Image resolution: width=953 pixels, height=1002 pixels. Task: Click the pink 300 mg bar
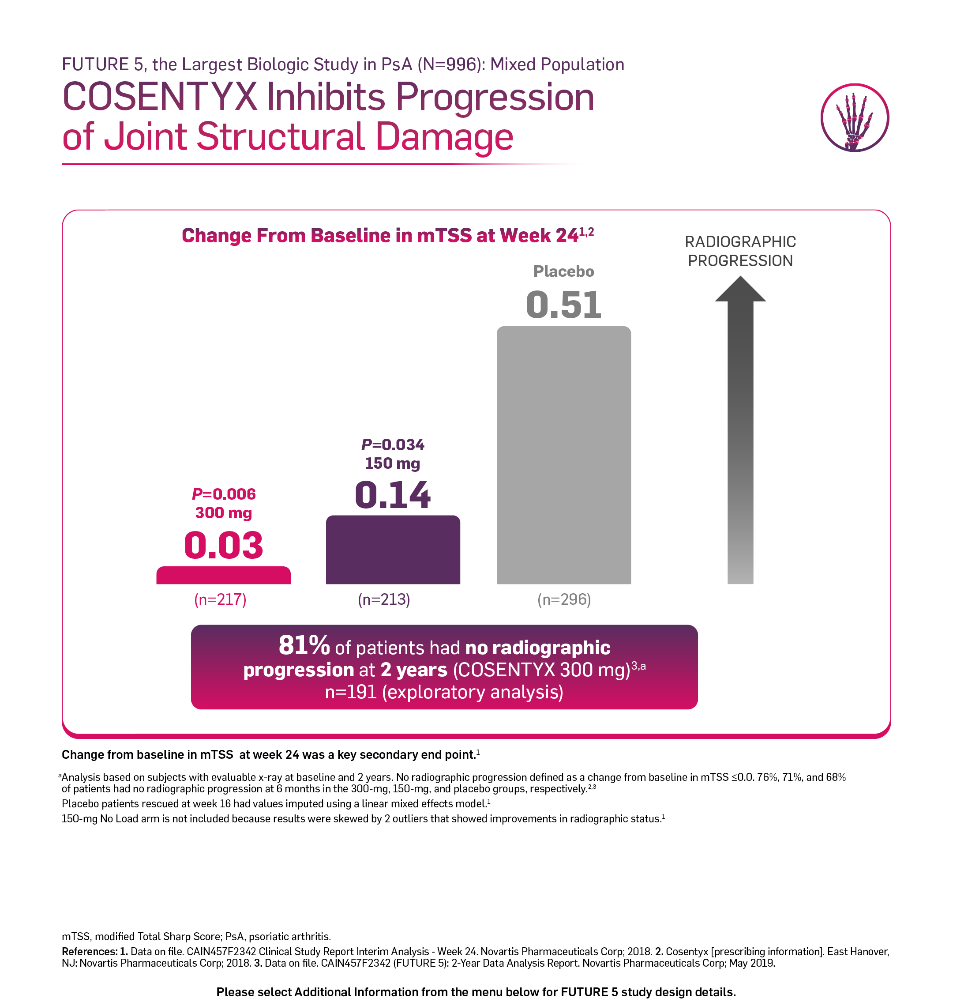pyautogui.click(x=224, y=575)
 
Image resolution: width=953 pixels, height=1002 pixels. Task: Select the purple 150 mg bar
pyautogui.click(x=393, y=550)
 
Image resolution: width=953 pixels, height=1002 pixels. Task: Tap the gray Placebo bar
pyautogui.click(x=564, y=455)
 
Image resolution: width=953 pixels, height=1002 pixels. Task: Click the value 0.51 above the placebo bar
pyautogui.click(x=564, y=305)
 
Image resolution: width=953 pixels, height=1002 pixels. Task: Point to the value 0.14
pyautogui.click(x=393, y=495)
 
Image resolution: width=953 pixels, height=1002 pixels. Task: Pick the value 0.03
pyautogui.click(x=224, y=545)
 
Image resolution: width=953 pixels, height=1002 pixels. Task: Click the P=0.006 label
pyautogui.click(x=224, y=494)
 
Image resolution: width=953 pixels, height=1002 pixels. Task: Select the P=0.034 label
pyautogui.click(x=393, y=444)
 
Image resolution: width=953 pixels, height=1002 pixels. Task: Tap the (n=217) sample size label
pyautogui.click(x=221, y=599)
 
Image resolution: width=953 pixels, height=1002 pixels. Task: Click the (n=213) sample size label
pyautogui.click(x=384, y=599)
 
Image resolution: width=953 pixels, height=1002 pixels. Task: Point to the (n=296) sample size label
pyautogui.click(x=564, y=599)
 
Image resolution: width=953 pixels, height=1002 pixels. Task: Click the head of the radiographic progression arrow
pyautogui.click(x=740, y=289)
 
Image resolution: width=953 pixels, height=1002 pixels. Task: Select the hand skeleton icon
pyautogui.click(x=855, y=118)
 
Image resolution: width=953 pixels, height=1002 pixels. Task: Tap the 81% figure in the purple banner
pyautogui.click(x=304, y=646)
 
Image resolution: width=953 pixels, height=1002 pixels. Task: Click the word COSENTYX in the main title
pyautogui.click(x=160, y=97)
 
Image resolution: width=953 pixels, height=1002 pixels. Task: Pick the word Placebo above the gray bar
pyautogui.click(x=564, y=271)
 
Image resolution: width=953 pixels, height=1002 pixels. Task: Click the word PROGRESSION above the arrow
pyautogui.click(x=740, y=261)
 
